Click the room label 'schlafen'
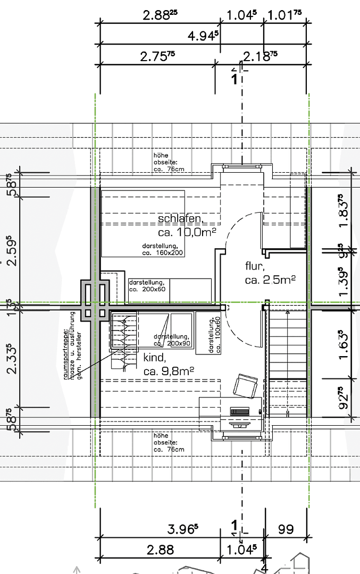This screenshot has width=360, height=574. point(180,219)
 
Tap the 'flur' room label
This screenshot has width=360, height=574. point(254,266)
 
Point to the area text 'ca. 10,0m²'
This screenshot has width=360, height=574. point(187,233)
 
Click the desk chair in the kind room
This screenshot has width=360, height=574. point(246,385)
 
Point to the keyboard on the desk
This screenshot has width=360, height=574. point(240,411)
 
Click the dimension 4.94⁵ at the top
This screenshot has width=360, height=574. point(203,36)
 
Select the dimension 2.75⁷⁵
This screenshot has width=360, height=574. point(157,56)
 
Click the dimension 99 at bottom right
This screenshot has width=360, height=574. point(286,529)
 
